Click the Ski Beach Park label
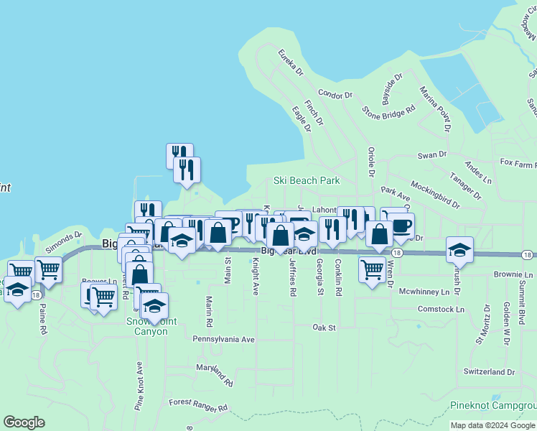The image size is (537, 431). [307, 180]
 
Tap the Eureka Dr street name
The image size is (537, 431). [291, 62]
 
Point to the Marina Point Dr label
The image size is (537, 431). [435, 108]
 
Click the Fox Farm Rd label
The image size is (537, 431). [518, 164]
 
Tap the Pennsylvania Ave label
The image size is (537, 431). [223, 338]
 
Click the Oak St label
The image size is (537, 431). [324, 328]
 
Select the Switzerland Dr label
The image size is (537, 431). [489, 372]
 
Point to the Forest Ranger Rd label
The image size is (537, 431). [197, 407]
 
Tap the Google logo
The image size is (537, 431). [24, 422]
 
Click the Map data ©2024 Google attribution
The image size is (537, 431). [492, 425]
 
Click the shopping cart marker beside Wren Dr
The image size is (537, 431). [372, 270]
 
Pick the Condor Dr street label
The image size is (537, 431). [335, 94]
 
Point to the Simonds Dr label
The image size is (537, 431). [64, 241]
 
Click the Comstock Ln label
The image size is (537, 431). [439, 309]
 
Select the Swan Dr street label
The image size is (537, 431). [432, 154]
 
